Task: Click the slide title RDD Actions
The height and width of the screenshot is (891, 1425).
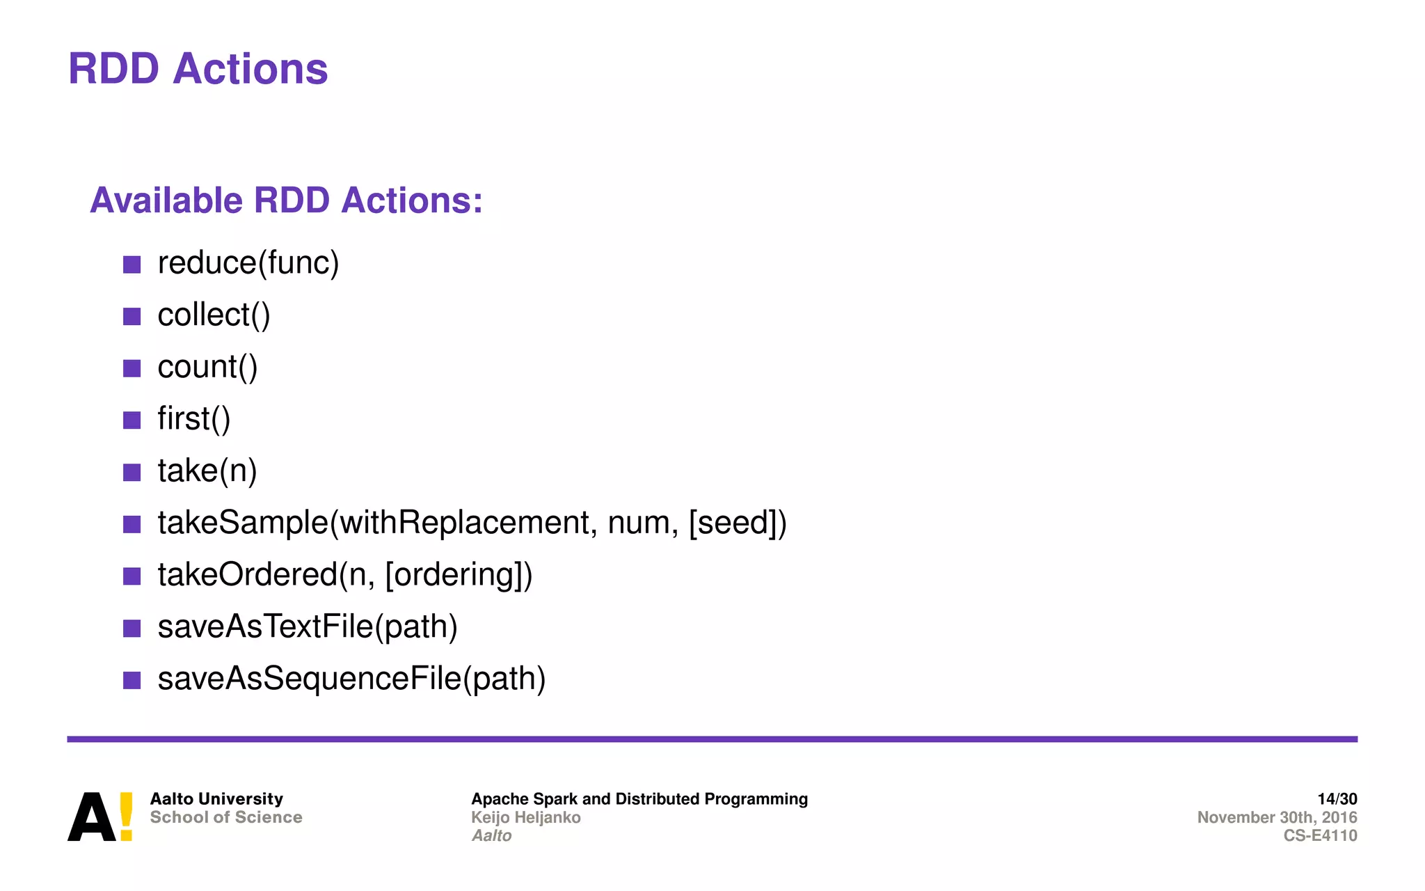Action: click(x=198, y=70)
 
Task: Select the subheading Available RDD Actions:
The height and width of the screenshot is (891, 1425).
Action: click(x=286, y=200)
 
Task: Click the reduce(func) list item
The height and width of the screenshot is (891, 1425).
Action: click(x=248, y=263)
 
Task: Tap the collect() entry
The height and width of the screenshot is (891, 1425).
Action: click(x=214, y=315)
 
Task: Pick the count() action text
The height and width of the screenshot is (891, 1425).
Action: click(x=207, y=368)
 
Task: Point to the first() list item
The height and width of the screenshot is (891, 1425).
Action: click(x=193, y=419)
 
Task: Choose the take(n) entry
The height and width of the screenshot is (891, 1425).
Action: click(x=207, y=471)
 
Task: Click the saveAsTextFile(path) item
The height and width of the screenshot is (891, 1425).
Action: click(x=308, y=627)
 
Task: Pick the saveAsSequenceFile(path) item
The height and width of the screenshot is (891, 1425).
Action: click(x=351, y=679)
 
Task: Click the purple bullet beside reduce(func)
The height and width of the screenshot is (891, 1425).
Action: click(x=132, y=265)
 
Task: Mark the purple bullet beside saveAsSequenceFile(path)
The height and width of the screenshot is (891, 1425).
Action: click(x=132, y=680)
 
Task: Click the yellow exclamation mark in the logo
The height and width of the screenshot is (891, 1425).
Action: click(x=126, y=816)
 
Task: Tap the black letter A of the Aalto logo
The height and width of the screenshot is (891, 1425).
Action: click(x=91, y=818)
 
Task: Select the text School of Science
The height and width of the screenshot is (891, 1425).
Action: click(x=226, y=817)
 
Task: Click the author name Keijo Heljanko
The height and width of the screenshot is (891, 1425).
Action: click(x=525, y=817)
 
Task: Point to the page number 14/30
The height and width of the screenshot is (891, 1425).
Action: click(x=1337, y=799)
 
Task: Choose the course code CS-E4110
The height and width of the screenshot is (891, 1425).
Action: click(x=1320, y=835)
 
